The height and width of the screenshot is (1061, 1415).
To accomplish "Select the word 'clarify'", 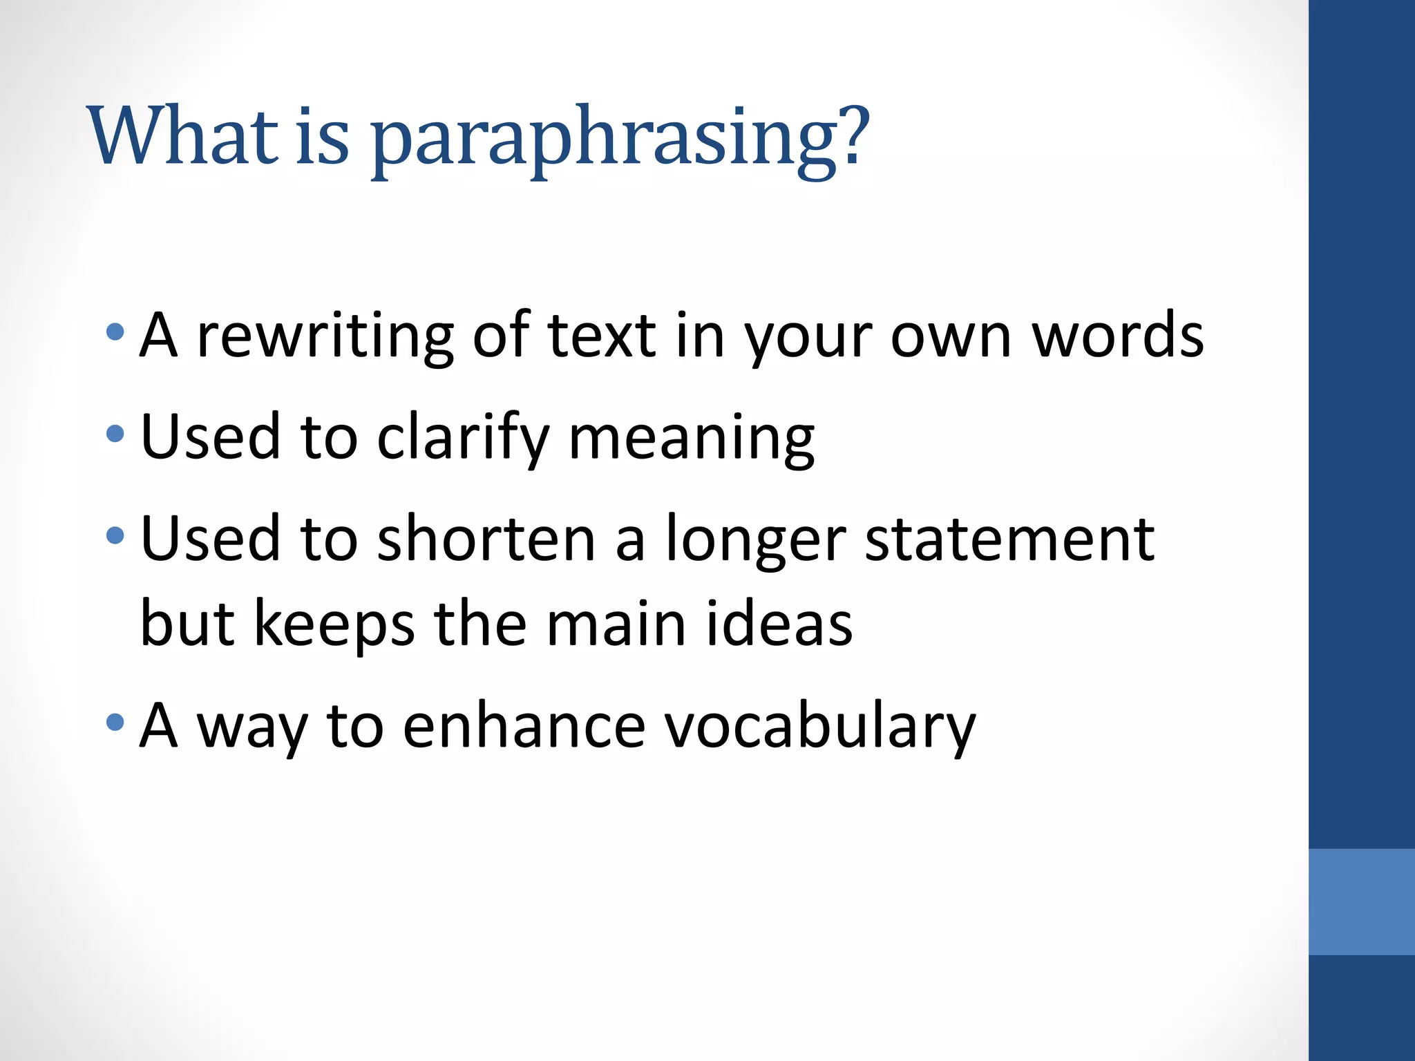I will tap(463, 438).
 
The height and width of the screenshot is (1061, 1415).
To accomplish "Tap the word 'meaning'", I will tap(691, 439).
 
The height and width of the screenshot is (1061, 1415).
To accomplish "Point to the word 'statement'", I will tap(1009, 539).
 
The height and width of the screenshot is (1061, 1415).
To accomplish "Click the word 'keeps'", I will tap(334, 624).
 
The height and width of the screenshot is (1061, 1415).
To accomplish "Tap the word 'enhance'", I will tap(524, 727).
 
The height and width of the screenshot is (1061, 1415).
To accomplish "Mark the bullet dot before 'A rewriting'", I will tap(115, 333).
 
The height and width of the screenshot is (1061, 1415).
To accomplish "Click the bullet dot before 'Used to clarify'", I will tap(115, 434).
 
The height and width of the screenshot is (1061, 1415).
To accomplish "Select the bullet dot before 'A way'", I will tap(115, 723).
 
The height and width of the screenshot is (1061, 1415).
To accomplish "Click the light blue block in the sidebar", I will tap(1361, 901).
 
